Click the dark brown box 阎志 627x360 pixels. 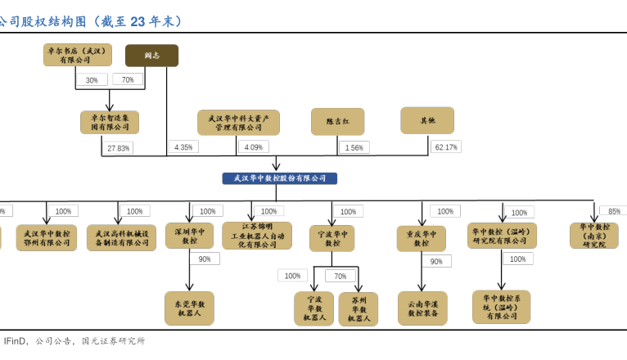coord(151,56)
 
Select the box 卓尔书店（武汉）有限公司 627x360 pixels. coord(78,55)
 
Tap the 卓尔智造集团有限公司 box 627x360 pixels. coord(110,122)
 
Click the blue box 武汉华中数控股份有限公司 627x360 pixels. coord(279,178)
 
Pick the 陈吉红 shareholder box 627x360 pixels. coord(337,121)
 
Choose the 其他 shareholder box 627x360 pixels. coord(426,120)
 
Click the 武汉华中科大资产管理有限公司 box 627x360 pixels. coord(238,122)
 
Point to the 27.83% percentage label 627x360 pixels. coord(118,148)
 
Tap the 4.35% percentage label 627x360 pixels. coord(183,147)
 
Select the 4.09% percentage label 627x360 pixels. coord(254,147)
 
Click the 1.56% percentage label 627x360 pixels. coord(354,147)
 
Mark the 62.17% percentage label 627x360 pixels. coord(446,147)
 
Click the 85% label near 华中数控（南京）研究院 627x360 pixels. coord(613,211)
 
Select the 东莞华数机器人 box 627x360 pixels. coord(189,308)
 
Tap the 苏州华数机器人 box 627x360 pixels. coord(359,309)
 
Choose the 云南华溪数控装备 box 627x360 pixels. coord(422,308)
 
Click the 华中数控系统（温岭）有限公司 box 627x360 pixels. coord(501,307)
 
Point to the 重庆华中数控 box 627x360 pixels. coord(421,238)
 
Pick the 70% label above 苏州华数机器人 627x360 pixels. coord(340,276)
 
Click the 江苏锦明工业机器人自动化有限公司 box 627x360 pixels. coord(256,236)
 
